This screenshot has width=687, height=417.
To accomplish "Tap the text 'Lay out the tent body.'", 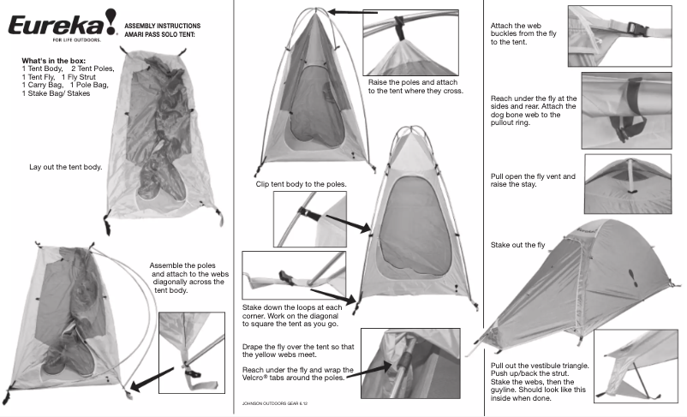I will click(66, 167).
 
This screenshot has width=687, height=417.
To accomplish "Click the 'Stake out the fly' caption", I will click(517, 245).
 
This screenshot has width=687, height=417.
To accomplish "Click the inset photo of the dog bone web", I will click(631, 110).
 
